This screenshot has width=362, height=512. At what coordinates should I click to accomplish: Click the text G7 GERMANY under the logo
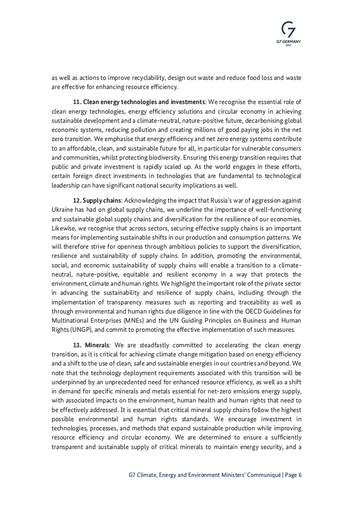(289, 42)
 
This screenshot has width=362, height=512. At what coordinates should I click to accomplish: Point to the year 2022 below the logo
(289, 46)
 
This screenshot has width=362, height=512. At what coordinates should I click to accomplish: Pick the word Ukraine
(63, 209)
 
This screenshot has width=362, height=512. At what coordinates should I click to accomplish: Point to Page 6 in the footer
(293, 475)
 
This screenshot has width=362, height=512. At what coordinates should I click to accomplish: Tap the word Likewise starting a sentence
(64, 228)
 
